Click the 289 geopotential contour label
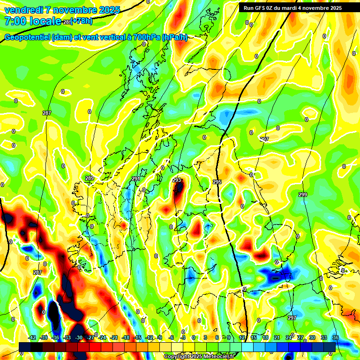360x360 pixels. [90, 178]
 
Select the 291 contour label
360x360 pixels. [136, 179]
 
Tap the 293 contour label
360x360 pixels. [176, 180]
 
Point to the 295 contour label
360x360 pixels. [217, 181]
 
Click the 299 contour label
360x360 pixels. [303, 194]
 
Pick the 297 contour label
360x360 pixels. [292, 318]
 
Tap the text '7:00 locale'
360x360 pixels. [32, 21]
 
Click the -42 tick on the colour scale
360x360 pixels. [32, 337]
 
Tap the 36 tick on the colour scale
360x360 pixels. [335, 337]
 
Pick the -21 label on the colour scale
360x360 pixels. [114, 337]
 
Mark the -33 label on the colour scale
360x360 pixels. [67, 337]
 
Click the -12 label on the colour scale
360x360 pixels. [149, 337]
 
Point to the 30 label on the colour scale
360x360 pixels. [312, 337]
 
